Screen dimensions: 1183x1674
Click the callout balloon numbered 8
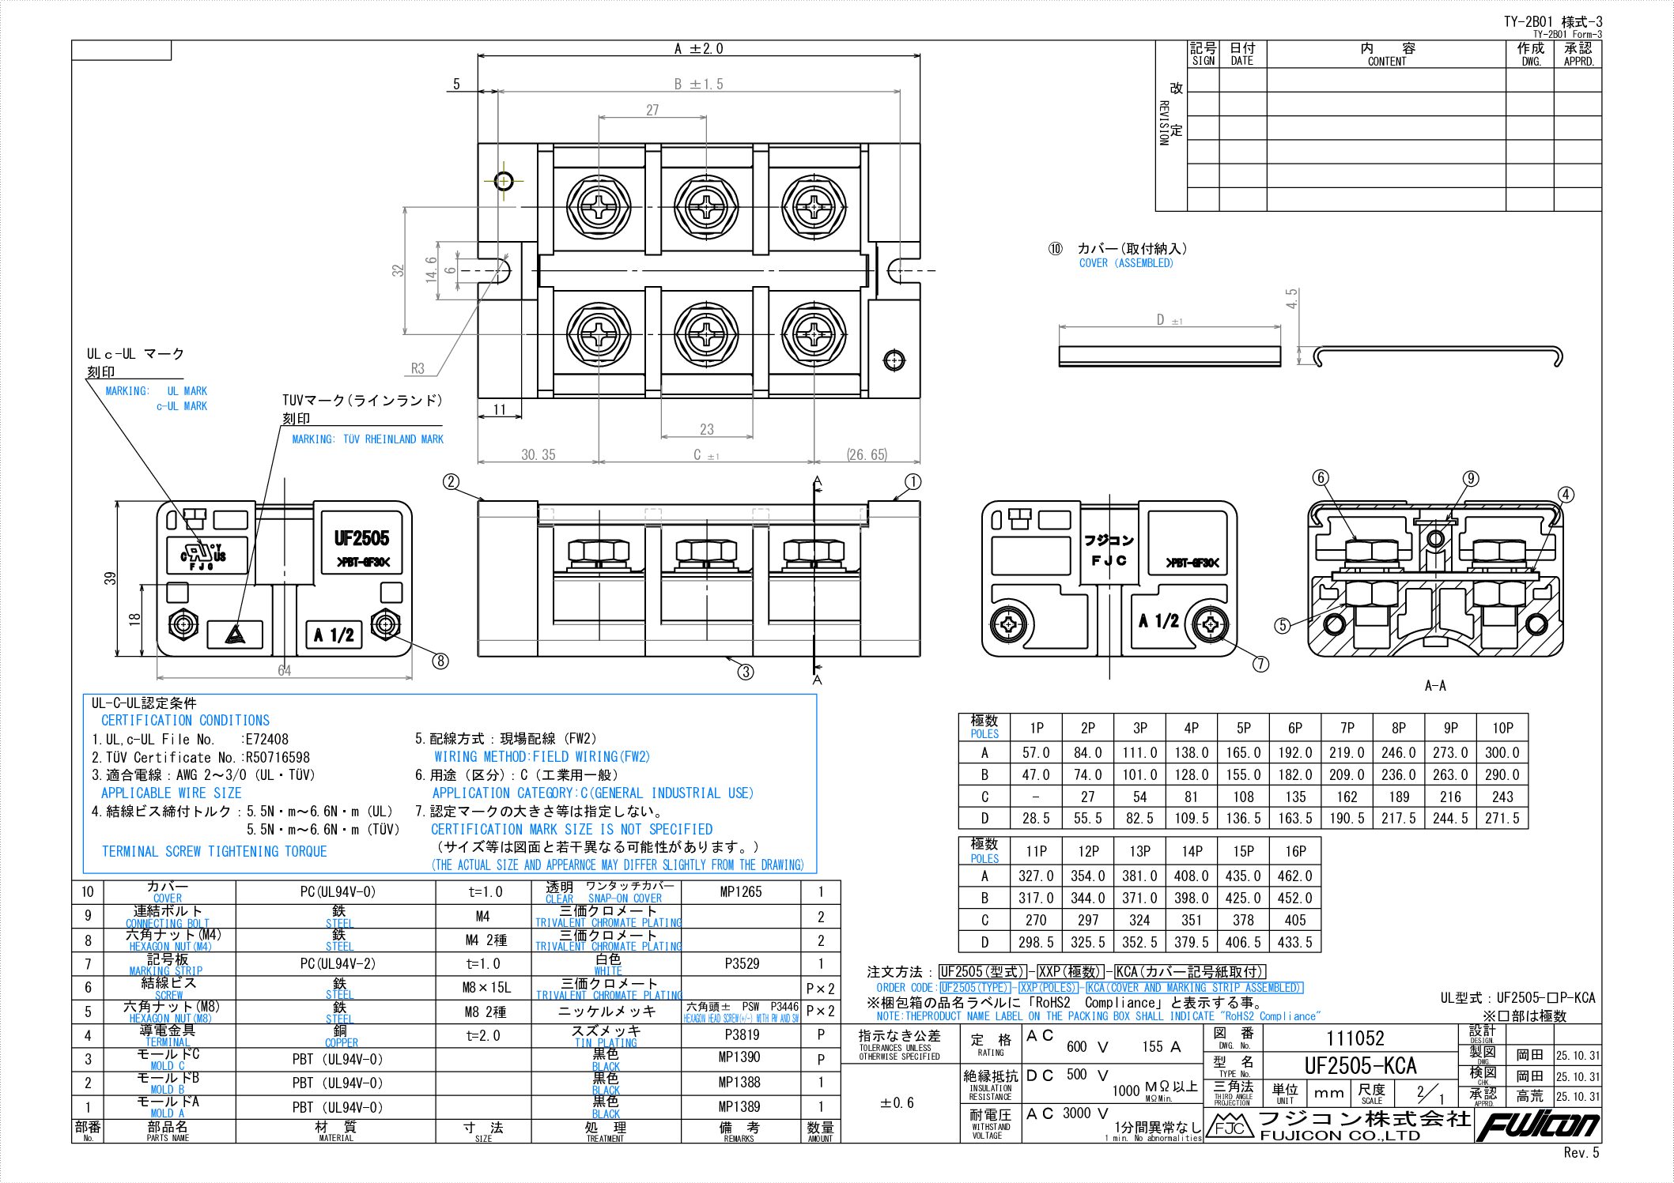pos(440,661)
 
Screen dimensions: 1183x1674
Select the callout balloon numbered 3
pos(746,672)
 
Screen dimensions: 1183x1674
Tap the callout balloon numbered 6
pos(1321,477)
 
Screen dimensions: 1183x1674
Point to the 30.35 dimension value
pos(538,454)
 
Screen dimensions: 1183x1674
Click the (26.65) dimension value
pos(867,454)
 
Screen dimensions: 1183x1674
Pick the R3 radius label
pos(418,368)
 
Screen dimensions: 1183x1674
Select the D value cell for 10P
pos(1502,819)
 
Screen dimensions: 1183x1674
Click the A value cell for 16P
pos(1295,876)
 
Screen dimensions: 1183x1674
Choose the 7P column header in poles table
pos(1347,728)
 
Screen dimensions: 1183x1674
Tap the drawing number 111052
pos(1355,1038)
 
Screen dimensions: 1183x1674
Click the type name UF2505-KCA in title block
pos(1361,1065)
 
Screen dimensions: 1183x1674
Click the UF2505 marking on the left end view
pos(362,538)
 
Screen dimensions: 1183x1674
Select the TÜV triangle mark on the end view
pos(234,634)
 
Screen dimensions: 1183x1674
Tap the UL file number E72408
pos(267,740)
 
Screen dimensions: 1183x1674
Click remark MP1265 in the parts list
pos(741,892)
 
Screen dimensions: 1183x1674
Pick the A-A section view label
pos(1435,686)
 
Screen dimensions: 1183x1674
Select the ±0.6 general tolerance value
pos(897,1102)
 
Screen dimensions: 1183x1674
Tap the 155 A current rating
pos(1161,1046)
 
